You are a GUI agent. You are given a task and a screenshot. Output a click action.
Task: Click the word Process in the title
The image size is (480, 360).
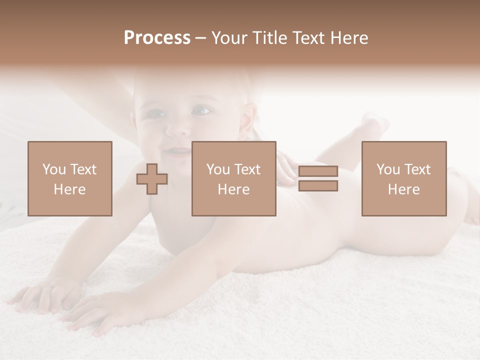(157, 38)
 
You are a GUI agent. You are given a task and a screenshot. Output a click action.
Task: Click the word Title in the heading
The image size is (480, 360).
(269, 38)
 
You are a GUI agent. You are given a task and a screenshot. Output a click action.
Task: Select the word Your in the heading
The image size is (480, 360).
(229, 38)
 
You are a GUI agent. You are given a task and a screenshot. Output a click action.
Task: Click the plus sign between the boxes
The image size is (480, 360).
(152, 179)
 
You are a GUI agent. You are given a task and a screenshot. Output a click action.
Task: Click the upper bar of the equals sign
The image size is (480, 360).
(318, 171)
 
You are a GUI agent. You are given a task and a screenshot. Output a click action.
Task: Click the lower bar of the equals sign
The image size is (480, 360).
(318, 186)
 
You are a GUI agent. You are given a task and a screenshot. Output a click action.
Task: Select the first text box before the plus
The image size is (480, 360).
(69, 178)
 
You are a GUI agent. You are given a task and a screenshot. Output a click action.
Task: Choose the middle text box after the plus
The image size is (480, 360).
(233, 178)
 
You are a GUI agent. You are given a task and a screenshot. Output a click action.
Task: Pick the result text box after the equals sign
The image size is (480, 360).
(403, 178)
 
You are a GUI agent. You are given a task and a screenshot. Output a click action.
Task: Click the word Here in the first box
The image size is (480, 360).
(69, 189)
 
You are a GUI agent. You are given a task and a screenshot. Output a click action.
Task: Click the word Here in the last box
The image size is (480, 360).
(403, 189)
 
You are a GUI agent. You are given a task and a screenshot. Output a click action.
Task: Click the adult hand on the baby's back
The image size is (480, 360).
(287, 169)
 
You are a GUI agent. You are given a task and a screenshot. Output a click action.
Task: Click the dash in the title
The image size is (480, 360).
(200, 38)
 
